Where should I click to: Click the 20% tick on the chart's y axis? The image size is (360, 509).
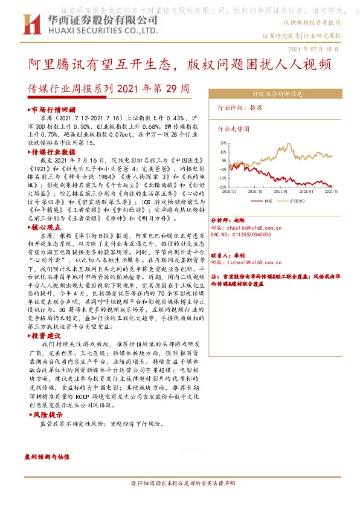[223, 144]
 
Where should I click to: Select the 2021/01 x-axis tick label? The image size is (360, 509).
[297, 190]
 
